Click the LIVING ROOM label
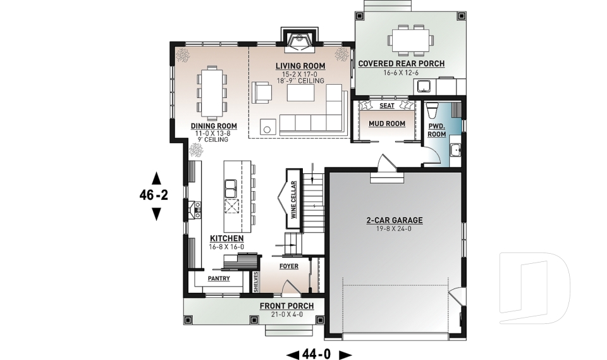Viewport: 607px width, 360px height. [x=300, y=66]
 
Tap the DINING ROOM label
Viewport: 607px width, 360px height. [x=214, y=126]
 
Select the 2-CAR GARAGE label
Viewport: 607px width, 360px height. [x=394, y=220]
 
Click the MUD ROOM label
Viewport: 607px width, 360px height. [x=386, y=123]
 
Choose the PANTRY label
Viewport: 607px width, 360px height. [x=218, y=278]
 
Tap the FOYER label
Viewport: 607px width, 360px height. [x=288, y=266]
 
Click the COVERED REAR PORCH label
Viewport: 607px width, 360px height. [x=401, y=64]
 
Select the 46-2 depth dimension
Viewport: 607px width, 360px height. [x=154, y=196]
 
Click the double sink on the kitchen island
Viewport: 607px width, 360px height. [x=231, y=188]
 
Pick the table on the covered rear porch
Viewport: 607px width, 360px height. [x=410, y=39]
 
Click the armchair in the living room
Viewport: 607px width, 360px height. [x=261, y=92]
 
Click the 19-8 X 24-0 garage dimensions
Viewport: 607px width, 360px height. [x=394, y=229]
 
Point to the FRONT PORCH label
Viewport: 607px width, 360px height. [x=286, y=306]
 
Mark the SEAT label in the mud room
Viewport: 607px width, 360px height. [x=386, y=106]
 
